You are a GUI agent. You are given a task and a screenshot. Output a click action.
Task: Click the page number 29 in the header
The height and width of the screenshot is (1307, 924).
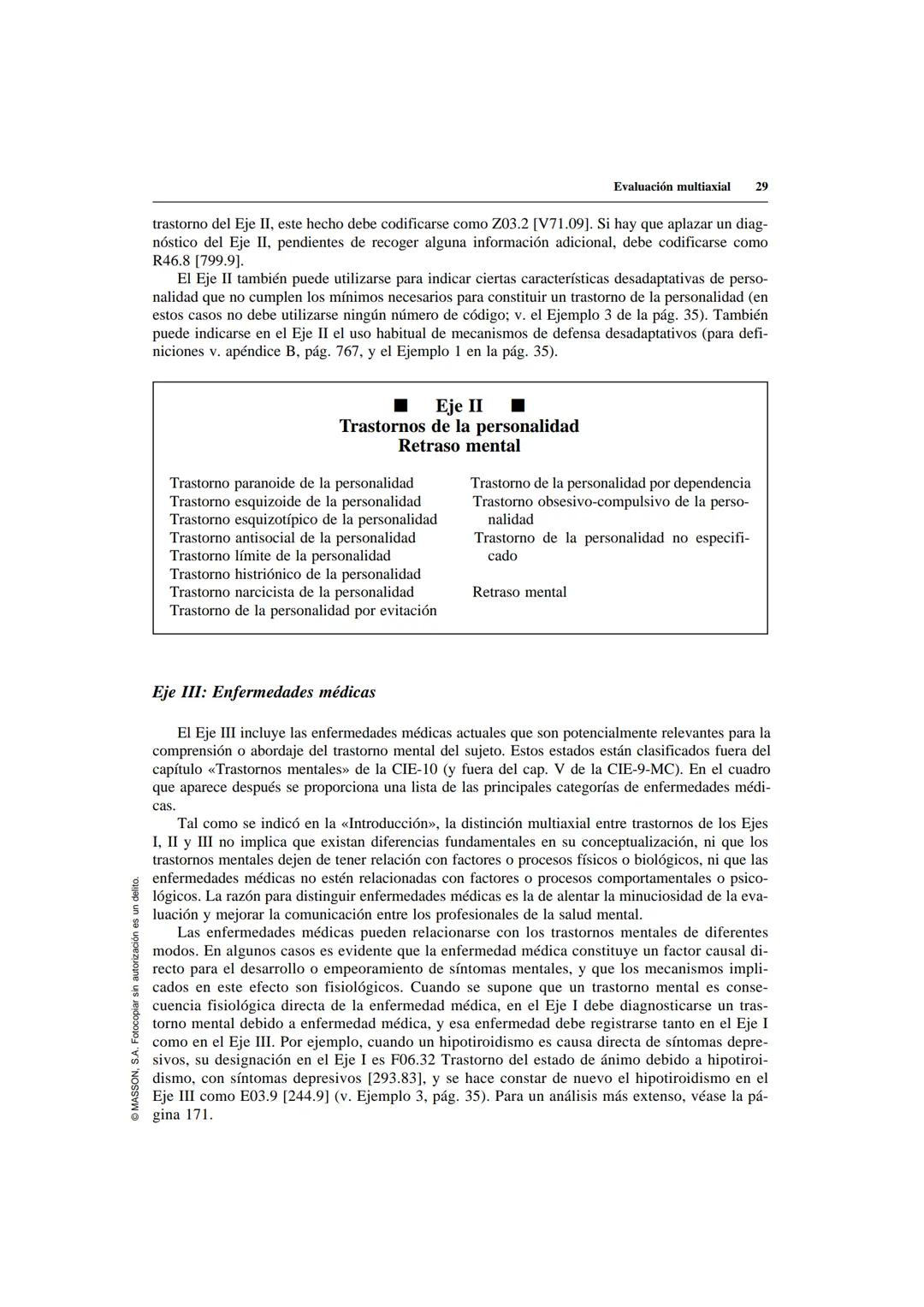[x=761, y=186]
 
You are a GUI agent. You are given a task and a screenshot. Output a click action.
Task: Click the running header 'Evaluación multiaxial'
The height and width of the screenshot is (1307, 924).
[x=672, y=186]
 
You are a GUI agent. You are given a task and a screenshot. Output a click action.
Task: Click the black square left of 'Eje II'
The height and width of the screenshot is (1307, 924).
[x=399, y=405]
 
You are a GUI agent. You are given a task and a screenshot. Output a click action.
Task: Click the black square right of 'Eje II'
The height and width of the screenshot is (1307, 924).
[x=518, y=405]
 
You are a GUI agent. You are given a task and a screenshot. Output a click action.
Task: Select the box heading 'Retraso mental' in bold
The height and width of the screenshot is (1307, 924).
[x=459, y=446]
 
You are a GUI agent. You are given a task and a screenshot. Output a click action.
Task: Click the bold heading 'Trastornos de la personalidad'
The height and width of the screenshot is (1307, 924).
[x=459, y=426]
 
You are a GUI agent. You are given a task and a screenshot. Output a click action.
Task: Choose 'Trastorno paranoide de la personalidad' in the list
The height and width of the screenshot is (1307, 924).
[x=292, y=483]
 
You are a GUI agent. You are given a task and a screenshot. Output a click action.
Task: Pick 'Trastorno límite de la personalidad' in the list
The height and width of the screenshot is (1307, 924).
[x=280, y=556]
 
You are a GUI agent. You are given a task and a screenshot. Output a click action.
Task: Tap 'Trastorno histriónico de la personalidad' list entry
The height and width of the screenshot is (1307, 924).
[x=295, y=574]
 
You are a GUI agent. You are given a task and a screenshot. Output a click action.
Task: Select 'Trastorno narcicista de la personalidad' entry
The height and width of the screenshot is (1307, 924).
[x=292, y=592]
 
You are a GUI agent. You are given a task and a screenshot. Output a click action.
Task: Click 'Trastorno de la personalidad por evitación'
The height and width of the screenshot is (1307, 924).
[x=303, y=611]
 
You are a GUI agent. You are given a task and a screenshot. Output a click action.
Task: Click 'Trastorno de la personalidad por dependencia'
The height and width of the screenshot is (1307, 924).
[x=611, y=483]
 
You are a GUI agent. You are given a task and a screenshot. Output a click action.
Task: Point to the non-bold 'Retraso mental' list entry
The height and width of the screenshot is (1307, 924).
[x=519, y=592]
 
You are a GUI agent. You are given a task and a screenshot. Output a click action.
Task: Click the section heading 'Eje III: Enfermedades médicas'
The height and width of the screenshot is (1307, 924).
[x=264, y=692]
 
